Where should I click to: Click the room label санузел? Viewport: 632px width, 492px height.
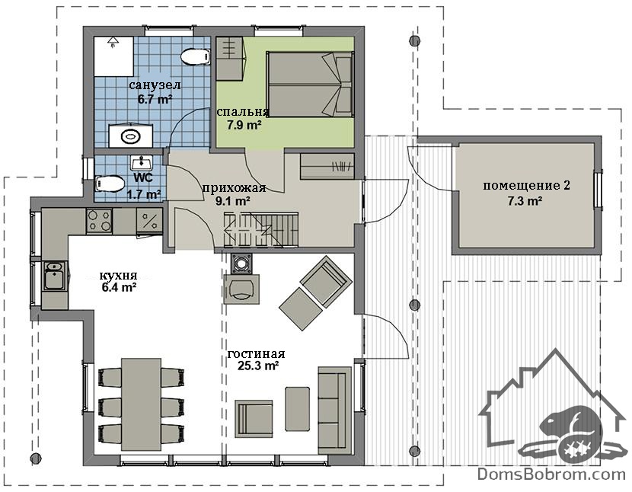[x=155, y=85]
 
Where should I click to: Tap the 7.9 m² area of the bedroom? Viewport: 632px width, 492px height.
[x=243, y=126]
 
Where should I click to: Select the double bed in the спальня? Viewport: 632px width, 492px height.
[x=310, y=85]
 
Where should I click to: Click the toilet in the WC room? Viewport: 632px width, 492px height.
[x=110, y=184]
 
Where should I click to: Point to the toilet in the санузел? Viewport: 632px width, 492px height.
[x=196, y=57]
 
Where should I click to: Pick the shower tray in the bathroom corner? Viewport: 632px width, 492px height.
[x=113, y=56]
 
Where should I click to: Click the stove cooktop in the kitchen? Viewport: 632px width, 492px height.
[x=99, y=221]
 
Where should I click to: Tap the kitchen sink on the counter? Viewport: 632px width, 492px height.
[x=54, y=276]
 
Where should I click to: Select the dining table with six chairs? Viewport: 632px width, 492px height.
[x=141, y=404]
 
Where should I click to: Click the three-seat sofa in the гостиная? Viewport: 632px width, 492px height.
[x=334, y=411]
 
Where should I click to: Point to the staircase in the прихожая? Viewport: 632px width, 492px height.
[x=261, y=229]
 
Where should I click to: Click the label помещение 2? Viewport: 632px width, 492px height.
[x=526, y=186]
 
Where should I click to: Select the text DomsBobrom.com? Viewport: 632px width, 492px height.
[x=551, y=474]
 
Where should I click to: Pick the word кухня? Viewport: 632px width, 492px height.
[x=119, y=276]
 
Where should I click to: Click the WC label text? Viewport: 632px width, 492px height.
[x=143, y=178]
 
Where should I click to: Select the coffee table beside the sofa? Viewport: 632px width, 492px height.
[x=298, y=409]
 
